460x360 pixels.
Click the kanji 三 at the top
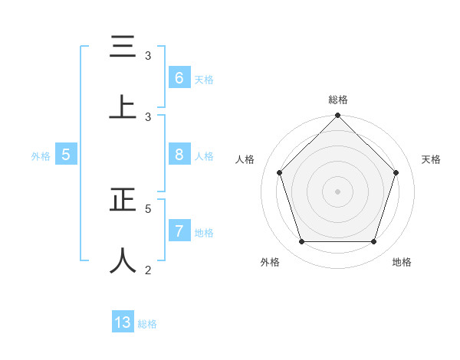click(x=123, y=47)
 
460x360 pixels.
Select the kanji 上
click(x=123, y=106)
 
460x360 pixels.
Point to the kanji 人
click(x=123, y=260)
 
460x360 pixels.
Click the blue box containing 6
click(x=179, y=77)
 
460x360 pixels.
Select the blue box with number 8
click(x=179, y=155)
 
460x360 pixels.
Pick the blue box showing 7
click(x=179, y=231)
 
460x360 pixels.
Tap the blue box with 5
click(x=66, y=155)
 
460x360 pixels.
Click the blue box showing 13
click(x=123, y=322)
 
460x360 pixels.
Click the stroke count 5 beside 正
click(x=148, y=208)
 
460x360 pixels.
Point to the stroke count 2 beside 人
click(x=148, y=269)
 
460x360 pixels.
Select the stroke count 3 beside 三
click(x=148, y=56)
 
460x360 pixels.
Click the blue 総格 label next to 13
click(x=147, y=324)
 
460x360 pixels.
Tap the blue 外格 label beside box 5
click(x=41, y=156)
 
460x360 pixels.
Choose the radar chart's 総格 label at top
click(x=337, y=100)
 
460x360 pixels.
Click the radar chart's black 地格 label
click(x=402, y=263)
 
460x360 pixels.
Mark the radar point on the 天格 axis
click(x=396, y=172)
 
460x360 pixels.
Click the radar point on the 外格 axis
click(x=301, y=241)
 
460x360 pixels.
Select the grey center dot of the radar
click(x=337, y=191)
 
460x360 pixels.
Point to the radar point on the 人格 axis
click(x=279, y=172)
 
